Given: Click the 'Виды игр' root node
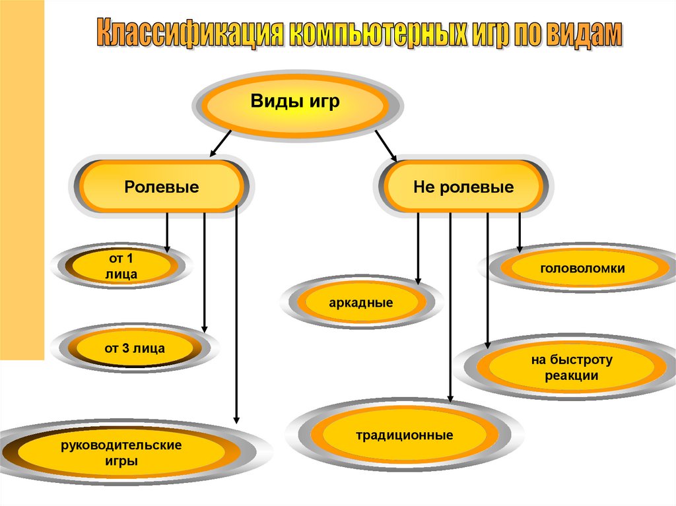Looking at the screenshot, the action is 295,103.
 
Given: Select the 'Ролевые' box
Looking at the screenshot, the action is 162,187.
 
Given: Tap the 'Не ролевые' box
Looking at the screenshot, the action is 463,187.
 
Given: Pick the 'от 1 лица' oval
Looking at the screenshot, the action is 121,265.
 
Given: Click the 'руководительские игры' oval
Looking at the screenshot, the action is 121,453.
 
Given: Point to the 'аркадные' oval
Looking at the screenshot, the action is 360,303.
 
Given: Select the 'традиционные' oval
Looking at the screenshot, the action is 404,435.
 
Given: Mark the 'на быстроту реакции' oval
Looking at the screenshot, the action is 572,368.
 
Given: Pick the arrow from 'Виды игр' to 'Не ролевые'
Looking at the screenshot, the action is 386,145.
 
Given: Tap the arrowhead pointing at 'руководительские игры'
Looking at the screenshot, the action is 236,418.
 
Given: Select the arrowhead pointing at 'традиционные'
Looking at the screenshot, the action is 450,397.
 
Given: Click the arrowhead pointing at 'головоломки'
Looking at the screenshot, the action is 520,248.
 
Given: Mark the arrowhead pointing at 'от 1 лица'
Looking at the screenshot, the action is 167,248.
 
